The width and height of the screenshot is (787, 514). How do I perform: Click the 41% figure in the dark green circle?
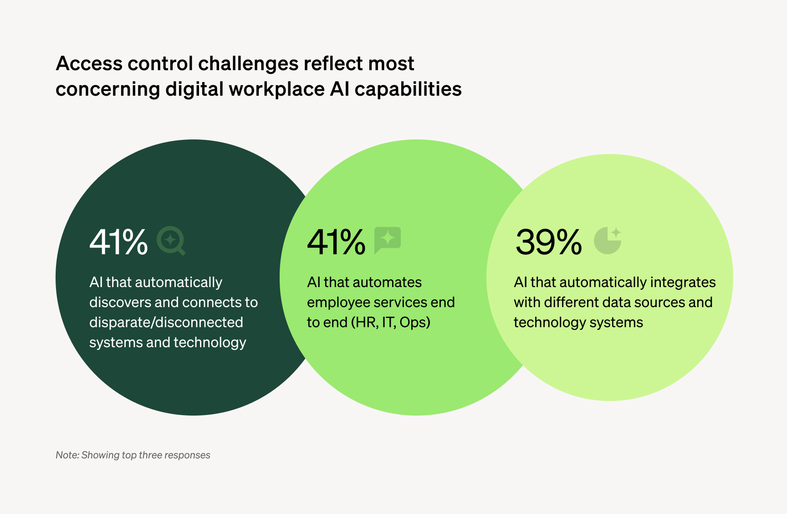[x=118, y=242]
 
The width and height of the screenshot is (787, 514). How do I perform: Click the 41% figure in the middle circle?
[x=336, y=242]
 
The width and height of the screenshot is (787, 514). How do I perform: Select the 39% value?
[x=549, y=242]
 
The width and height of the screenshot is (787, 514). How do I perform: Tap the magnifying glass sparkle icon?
[x=171, y=241]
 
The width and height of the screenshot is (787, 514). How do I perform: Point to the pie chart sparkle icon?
[x=608, y=240]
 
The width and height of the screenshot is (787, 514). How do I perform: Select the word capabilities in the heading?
[x=408, y=89]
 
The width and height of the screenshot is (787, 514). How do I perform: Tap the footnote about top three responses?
[x=133, y=455]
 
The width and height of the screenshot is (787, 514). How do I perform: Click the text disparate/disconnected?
[x=166, y=322]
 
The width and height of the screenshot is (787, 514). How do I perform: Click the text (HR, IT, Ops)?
[x=390, y=322]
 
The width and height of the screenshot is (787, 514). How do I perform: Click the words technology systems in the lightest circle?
[x=578, y=322]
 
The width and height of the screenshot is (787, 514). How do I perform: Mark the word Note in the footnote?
[x=66, y=455]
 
